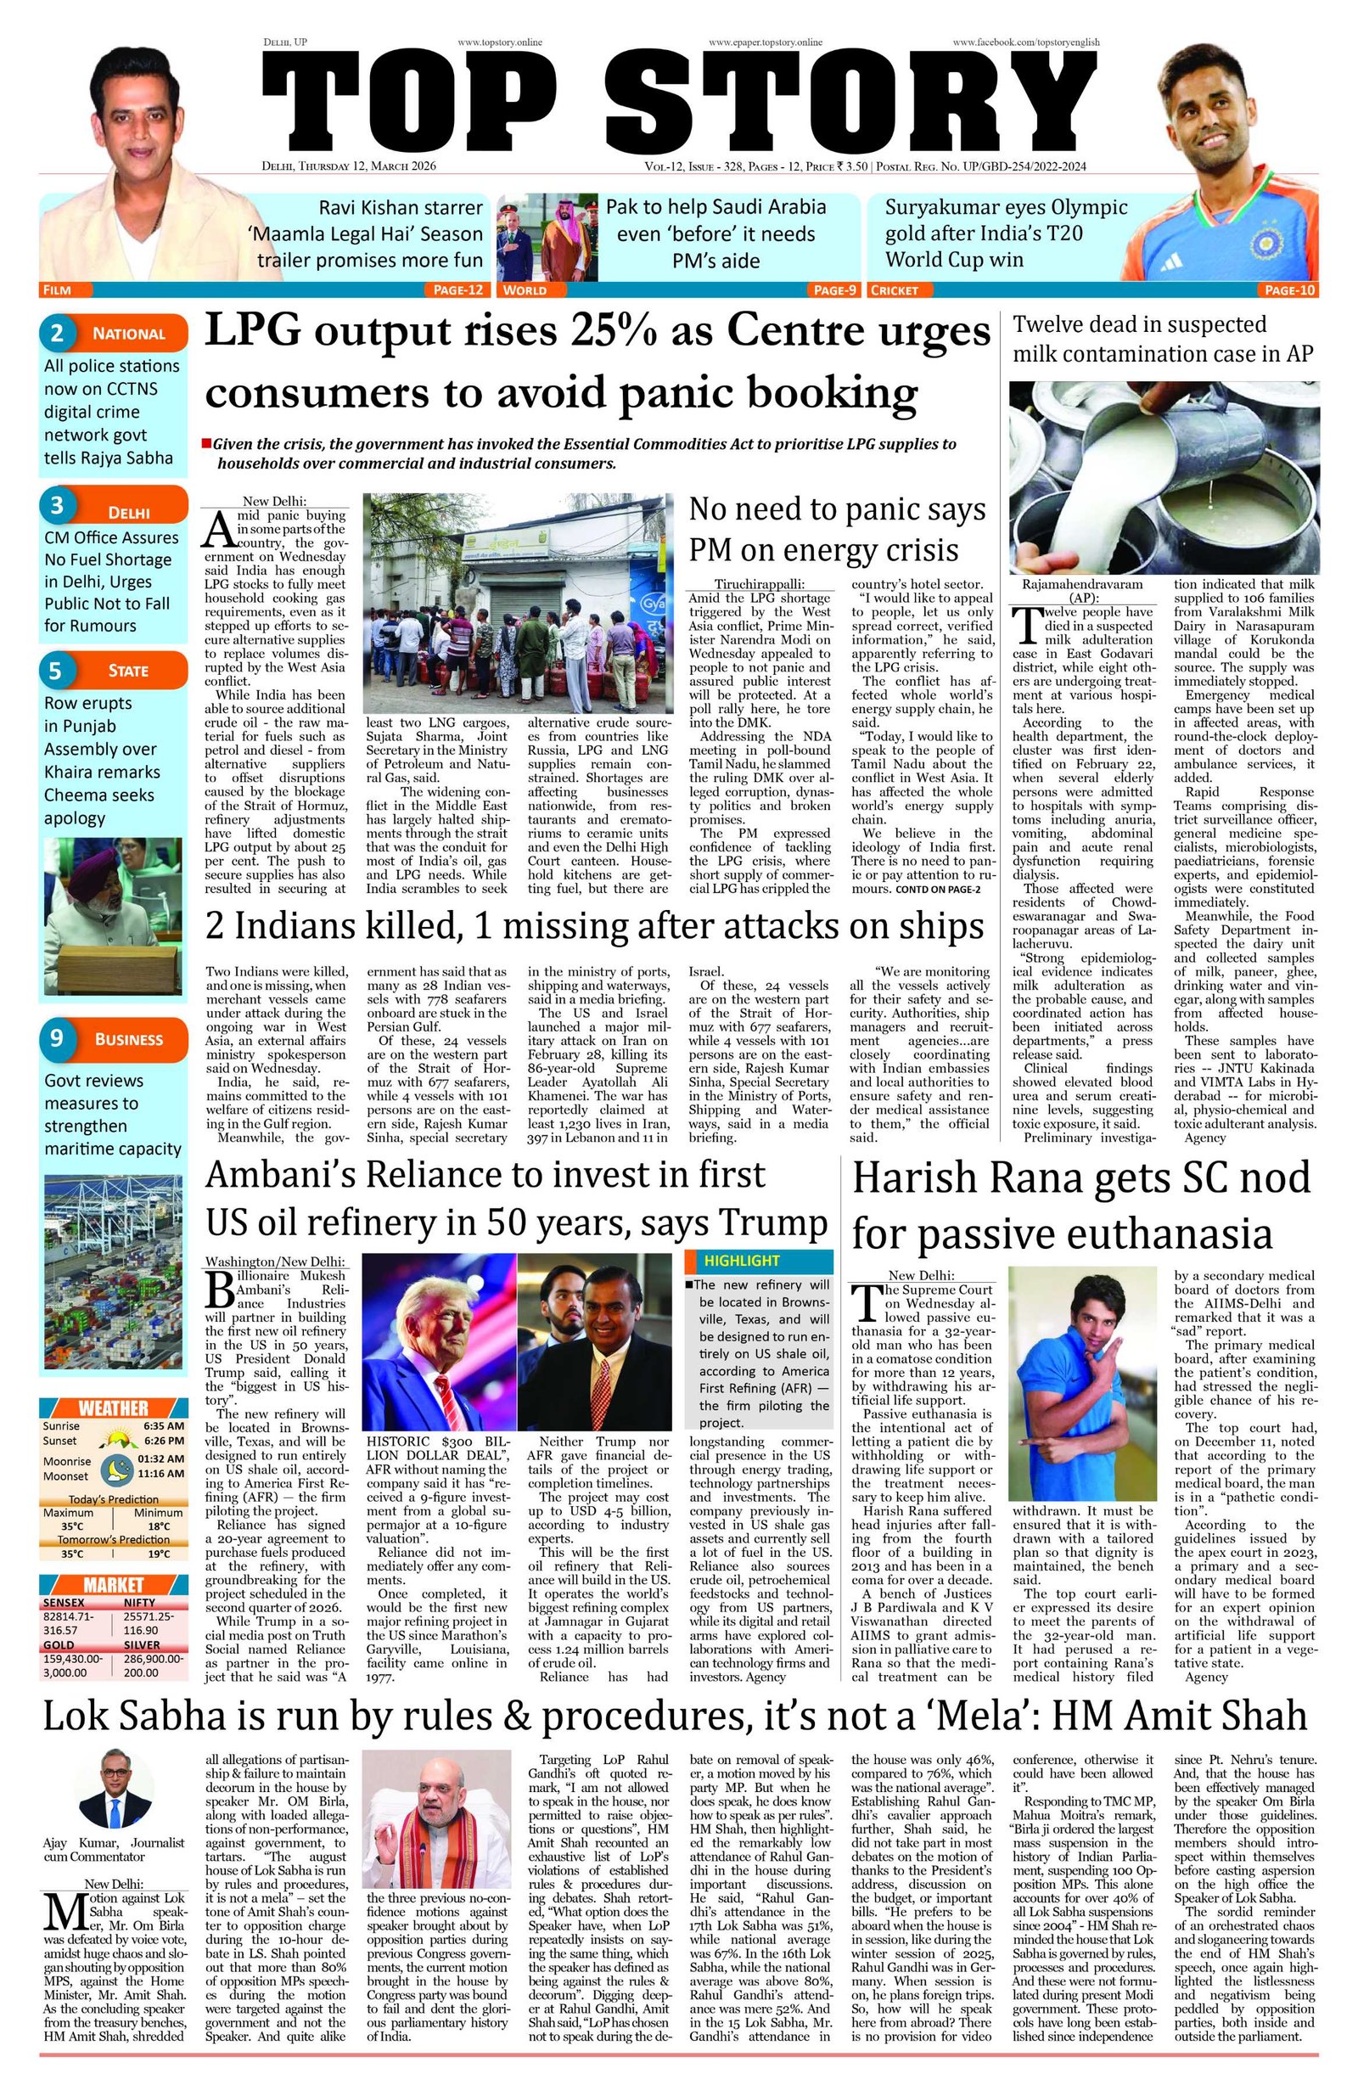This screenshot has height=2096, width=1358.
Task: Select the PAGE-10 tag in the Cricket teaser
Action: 1289,289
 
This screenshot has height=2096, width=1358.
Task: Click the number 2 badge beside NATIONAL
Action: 57,333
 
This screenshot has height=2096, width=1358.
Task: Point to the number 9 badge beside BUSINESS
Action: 57,1038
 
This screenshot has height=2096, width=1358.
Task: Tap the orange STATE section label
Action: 127,671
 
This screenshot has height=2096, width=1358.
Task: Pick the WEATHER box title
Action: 114,1408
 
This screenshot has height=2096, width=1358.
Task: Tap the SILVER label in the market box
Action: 142,1644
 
